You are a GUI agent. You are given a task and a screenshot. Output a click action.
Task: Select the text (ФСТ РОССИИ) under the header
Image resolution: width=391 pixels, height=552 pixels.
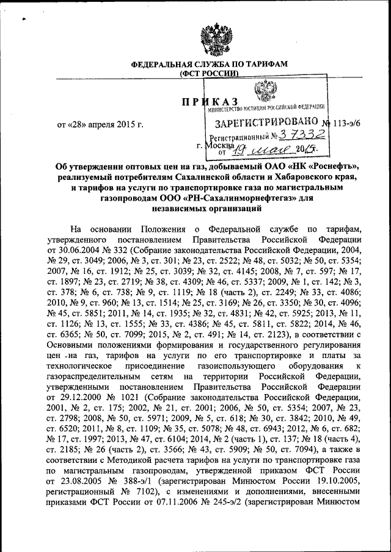(x=208, y=74)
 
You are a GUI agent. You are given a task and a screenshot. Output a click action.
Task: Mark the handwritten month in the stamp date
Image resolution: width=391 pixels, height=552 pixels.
(x=271, y=148)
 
